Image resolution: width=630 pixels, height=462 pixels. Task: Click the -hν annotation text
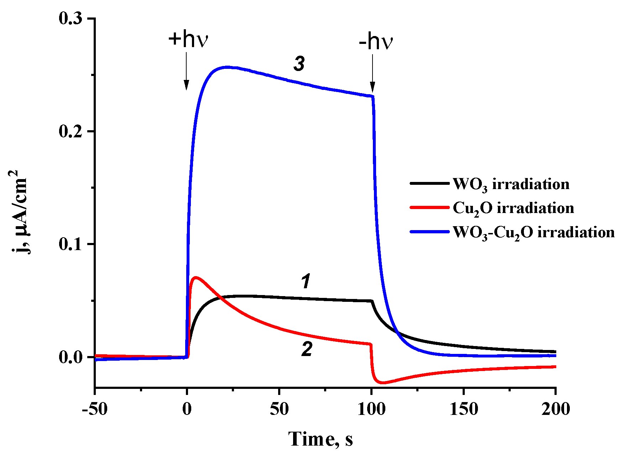[376, 42]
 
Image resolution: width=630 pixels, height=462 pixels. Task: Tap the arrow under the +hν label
[186, 71]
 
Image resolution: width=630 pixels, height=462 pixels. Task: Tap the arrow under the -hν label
[373, 73]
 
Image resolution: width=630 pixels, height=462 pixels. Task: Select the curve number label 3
[299, 64]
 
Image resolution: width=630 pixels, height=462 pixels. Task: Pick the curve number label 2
[307, 349]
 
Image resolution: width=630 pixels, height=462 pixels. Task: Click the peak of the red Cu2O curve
[195, 277]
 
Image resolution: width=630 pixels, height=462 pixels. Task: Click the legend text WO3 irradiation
[511, 184]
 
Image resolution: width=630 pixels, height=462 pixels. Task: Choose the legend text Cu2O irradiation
[513, 208]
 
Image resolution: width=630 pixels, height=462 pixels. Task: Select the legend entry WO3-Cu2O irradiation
[533, 233]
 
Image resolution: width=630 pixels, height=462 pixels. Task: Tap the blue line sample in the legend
[429, 232]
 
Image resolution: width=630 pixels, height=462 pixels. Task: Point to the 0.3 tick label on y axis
[73, 19]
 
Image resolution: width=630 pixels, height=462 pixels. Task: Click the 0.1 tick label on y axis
[73, 244]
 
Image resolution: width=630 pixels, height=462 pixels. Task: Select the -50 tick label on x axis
[95, 409]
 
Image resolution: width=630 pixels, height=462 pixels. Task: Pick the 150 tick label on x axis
[464, 409]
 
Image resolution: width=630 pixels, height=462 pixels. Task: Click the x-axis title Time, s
[320, 439]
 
